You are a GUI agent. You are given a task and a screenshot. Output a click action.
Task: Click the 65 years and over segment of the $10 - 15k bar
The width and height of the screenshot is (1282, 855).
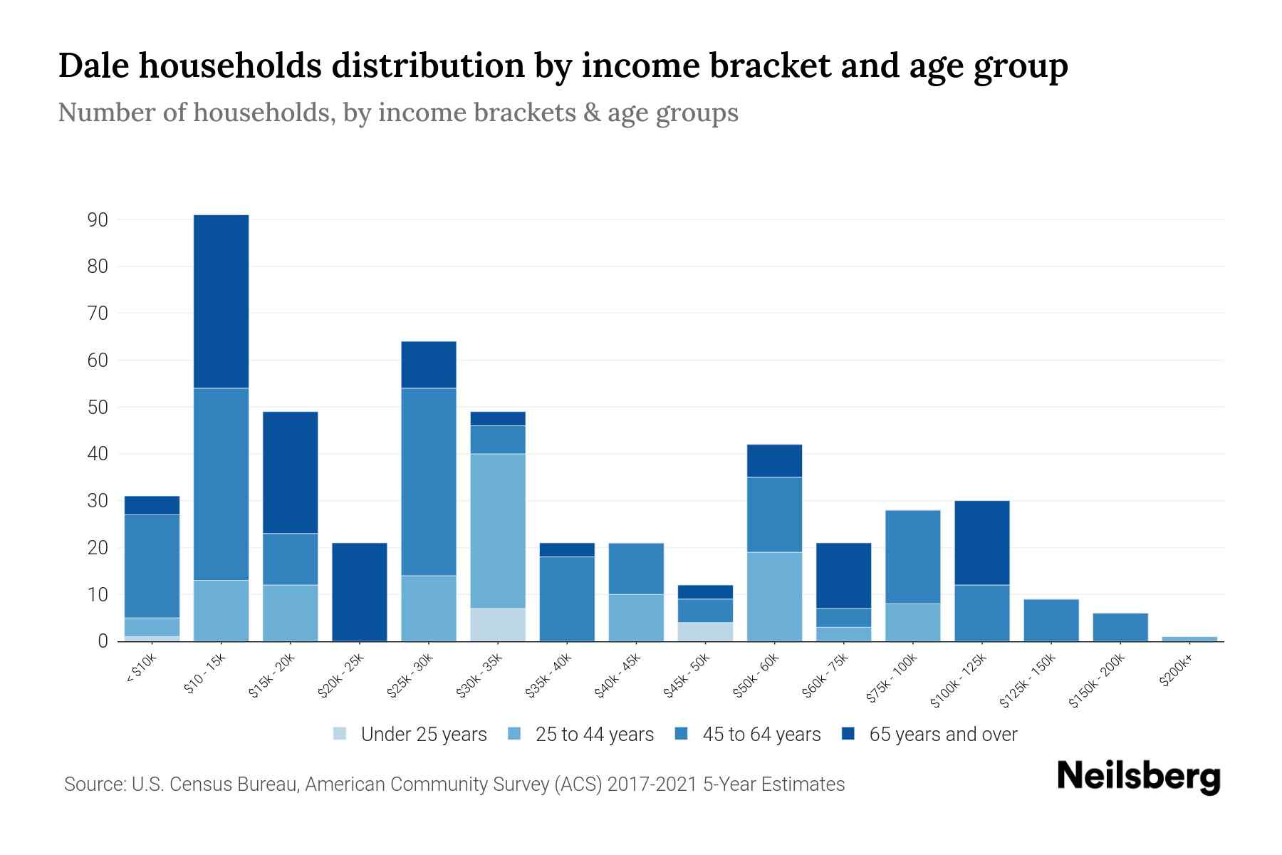pos(221,301)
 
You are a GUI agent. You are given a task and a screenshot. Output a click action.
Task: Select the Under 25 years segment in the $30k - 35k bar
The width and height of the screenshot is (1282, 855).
pos(498,625)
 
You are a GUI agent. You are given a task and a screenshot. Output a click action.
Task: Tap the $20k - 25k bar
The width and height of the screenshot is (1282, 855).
pos(360,592)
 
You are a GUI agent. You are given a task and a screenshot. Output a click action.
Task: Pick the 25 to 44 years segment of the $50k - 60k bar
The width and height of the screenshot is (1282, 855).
pos(774,596)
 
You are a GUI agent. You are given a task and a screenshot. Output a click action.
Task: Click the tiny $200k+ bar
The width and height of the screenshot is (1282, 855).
pos(1189,638)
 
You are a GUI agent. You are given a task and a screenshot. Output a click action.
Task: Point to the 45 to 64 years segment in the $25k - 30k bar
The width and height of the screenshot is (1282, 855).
pos(429,482)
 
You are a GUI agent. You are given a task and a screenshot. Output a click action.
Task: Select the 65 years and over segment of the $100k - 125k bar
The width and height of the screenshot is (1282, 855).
pos(981,543)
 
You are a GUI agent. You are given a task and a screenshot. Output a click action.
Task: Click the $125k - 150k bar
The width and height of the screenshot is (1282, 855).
pos(1051,620)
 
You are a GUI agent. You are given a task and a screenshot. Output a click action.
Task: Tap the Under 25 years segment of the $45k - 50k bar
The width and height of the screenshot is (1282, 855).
pos(705,632)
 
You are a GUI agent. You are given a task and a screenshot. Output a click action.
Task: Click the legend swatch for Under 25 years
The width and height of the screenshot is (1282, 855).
pos(340,734)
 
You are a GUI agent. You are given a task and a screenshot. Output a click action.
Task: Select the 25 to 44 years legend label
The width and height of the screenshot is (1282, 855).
pos(594,735)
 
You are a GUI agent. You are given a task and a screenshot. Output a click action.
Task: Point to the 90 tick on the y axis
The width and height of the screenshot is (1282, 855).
pos(98,220)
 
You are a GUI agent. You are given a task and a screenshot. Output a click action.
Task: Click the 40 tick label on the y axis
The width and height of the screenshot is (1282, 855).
pos(98,454)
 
